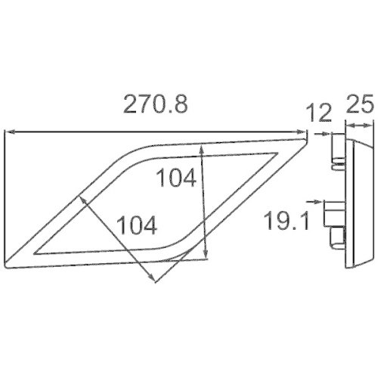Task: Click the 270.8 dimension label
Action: [156, 104]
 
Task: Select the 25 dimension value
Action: [360, 104]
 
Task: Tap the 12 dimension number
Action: [318, 113]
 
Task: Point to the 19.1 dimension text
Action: [287, 221]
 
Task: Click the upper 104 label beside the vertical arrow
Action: [176, 178]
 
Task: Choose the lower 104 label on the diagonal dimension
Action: [137, 225]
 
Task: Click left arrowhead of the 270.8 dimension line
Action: [9, 132]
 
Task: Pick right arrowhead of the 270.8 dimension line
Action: [301, 132]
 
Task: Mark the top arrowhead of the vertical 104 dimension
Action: [201, 150]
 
